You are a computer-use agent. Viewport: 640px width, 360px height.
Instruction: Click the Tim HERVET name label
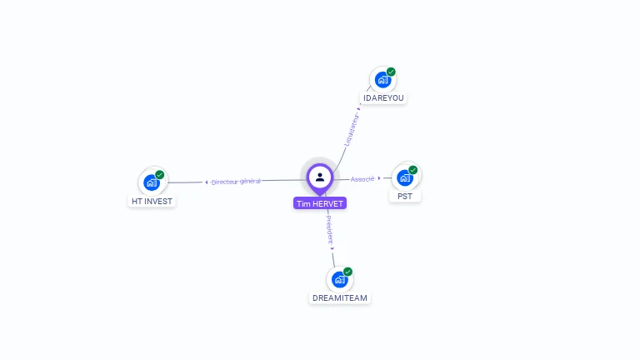[x=319, y=203]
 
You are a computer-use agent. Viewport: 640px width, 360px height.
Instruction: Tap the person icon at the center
[x=320, y=177]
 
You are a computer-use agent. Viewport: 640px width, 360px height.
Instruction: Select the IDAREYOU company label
[x=383, y=97]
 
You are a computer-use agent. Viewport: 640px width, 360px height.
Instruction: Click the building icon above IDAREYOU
[x=382, y=80]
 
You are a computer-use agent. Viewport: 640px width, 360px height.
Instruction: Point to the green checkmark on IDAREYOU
[x=391, y=72]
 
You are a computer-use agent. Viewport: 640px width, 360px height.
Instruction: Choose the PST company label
[x=405, y=197]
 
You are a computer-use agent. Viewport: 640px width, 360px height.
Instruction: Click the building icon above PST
[x=405, y=177]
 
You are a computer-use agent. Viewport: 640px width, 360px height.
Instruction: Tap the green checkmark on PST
[x=413, y=170]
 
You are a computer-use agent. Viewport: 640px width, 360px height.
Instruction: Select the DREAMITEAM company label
[x=340, y=297]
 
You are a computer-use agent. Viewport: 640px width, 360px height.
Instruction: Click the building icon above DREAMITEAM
[x=339, y=279]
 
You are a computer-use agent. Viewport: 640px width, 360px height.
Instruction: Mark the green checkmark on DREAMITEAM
[x=348, y=272]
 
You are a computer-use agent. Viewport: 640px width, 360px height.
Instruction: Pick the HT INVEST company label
[x=152, y=201]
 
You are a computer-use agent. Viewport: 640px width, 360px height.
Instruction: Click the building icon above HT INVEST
[x=151, y=182]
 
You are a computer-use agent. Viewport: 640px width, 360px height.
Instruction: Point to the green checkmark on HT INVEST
[x=160, y=175]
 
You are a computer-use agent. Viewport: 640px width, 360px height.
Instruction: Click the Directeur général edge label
[x=236, y=182]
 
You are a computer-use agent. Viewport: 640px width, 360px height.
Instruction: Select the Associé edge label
[x=362, y=179]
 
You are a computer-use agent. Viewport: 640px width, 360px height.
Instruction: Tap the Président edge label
[x=329, y=227]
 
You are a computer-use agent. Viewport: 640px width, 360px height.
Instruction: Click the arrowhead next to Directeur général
[x=207, y=182]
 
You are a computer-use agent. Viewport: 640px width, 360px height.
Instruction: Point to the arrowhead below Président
[x=332, y=248]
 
